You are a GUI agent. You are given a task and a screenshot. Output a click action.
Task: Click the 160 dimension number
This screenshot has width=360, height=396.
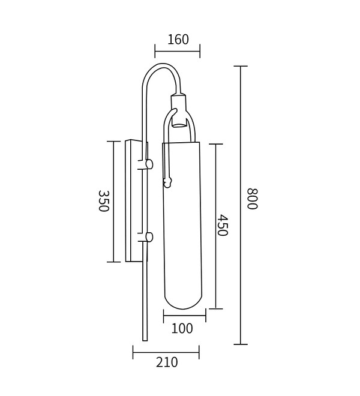point(178,40)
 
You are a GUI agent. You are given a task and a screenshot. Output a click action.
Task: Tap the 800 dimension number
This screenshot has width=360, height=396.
point(252,199)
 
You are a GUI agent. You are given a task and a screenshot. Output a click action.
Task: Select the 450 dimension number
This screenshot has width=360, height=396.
point(223,225)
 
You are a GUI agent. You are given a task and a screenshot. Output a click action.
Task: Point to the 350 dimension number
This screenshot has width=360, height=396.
point(104,201)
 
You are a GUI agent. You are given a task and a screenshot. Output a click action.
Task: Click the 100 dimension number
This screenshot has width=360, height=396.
point(182,328)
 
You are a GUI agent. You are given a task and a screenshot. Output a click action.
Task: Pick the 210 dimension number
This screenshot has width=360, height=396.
point(167,362)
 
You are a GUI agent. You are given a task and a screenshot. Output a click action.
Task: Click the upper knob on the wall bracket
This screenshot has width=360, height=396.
point(149,164)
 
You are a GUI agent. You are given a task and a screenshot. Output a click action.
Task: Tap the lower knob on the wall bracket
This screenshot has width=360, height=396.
point(149,237)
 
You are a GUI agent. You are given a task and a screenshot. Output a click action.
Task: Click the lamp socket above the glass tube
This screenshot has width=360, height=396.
point(179,110)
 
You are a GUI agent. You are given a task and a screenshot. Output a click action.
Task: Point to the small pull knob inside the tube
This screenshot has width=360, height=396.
point(167,182)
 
